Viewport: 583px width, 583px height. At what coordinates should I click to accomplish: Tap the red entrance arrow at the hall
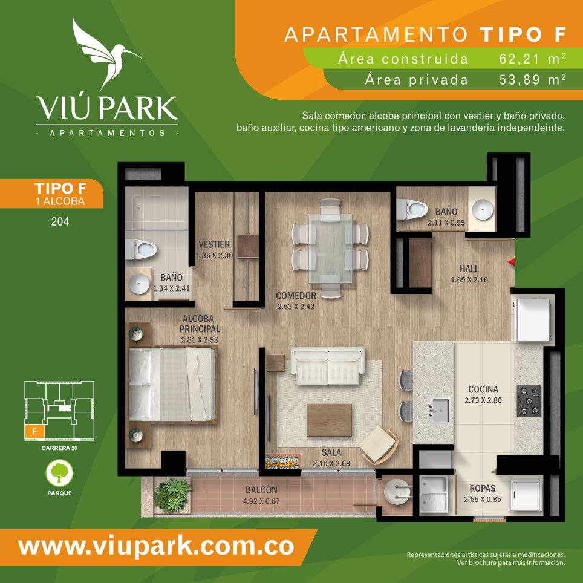pyautogui.click(x=511, y=262)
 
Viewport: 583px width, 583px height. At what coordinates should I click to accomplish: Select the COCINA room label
pyautogui.click(x=483, y=389)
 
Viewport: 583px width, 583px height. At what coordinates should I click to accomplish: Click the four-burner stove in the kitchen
pyautogui.click(x=529, y=401)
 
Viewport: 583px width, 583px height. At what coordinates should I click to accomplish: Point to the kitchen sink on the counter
pyautogui.click(x=440, y=410)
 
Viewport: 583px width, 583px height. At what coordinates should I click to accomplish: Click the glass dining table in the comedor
pyautogui.click(x=330, y=249)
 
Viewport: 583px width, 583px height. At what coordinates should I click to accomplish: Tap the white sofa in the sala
pyautogui.click(x=327, y=366)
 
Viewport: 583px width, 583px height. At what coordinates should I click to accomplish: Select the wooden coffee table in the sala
pyautogui.click(x=329, y=420)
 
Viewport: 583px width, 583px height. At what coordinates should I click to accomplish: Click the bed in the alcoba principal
pyautogui.click(x=172, y=384)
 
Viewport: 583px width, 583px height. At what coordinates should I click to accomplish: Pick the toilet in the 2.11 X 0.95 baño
pyautogui.click(x=412, y=209)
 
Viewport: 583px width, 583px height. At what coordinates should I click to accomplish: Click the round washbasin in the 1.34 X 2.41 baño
pyautogui.click(x=139, y=284)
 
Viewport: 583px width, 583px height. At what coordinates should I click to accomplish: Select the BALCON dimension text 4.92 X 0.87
pyautogui.click(x=261, y=501)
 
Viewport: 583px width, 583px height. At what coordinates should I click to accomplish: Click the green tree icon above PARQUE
pyautogui.click(x=59, y=473)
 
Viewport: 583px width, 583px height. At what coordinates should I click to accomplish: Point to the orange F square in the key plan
pyautogui.click(x=34, y=432)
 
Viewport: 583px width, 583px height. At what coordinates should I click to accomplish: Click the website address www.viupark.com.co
pyautogui.click(x=156, y=547)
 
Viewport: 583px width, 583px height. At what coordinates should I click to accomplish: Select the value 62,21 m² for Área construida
pyautogui.click(x=532, y=59)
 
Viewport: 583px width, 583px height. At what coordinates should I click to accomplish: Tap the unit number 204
pyautogui.click(x=60, y=221)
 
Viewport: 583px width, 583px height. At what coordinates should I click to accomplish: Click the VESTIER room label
pyautogui.click(x=214, y=244)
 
